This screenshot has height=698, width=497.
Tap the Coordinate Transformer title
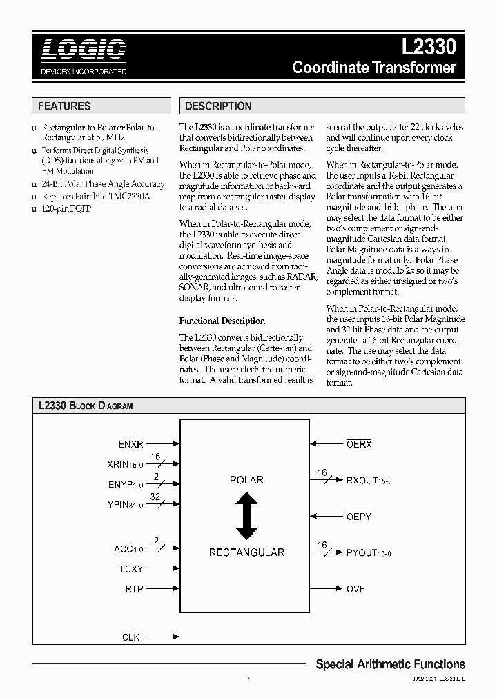click(374, 68)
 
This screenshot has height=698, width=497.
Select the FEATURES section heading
click(64, 106)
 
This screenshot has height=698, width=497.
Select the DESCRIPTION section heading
click(218, 106)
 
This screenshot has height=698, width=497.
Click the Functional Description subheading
click(222, 321)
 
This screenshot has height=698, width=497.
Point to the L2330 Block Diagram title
click(86, 406)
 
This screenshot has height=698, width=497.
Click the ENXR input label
click(130, 444)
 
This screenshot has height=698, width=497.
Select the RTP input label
click(134, 589)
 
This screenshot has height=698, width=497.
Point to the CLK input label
click(130, 637)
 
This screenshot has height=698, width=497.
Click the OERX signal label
click(359, 444)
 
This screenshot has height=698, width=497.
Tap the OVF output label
click(355, 589)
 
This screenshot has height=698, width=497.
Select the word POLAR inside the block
click(246, 479)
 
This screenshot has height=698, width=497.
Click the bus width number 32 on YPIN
click(155, 496)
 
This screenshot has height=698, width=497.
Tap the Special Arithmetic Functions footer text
click(390, 664)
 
